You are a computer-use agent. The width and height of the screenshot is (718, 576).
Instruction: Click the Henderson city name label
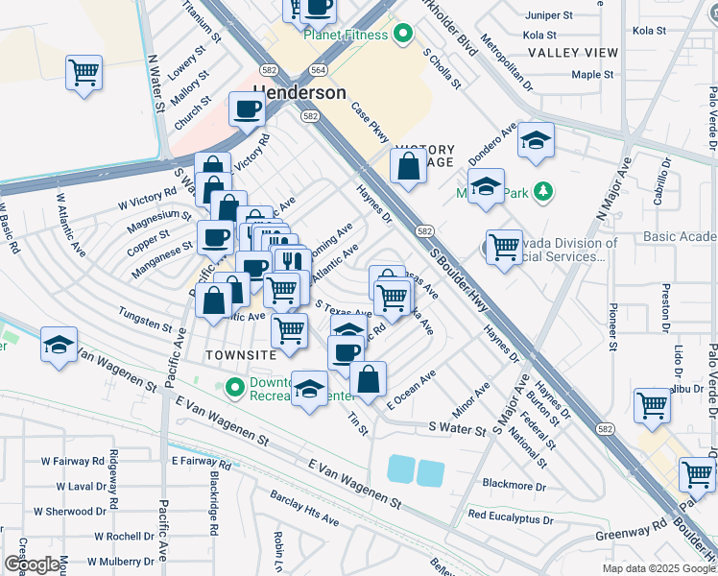(299, 93)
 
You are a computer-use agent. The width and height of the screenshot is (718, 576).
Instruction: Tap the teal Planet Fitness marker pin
(403, 36)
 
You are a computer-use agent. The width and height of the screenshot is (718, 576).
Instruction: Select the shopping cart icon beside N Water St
(84, 71)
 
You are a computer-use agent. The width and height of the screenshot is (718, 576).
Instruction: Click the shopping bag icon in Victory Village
(408, 165)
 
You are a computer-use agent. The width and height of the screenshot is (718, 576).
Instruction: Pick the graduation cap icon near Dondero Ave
(536, 140)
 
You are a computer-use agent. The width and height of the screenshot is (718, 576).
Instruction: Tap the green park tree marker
(543, 191)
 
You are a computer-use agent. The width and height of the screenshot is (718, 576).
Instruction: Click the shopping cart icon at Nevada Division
(503, 247)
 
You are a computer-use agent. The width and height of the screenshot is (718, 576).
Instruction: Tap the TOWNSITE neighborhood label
(241, 355)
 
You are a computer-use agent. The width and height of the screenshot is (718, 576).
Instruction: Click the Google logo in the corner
(32, 564)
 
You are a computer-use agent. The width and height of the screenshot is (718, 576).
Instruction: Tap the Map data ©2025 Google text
(658, 568)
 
